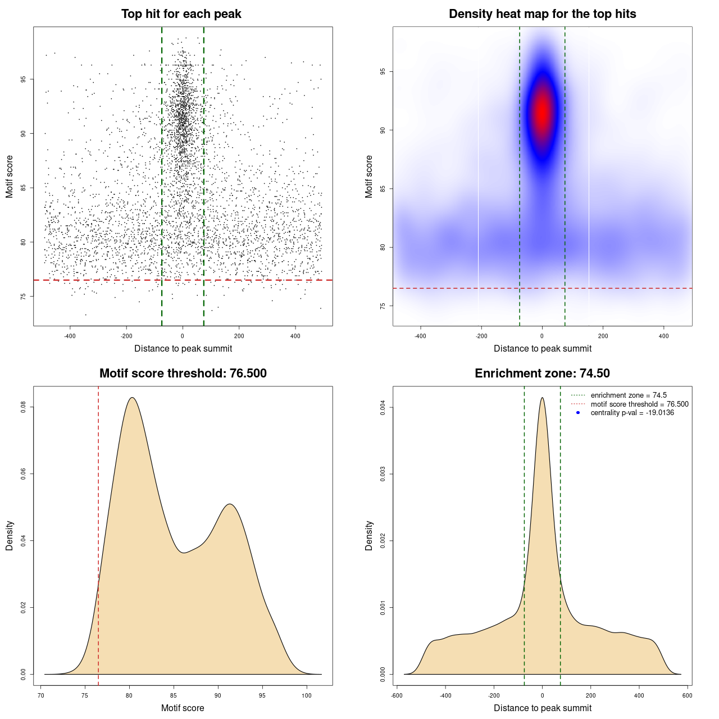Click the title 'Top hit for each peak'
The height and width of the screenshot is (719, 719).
tap(181, 14)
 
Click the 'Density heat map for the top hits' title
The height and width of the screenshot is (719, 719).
tap(542, 14)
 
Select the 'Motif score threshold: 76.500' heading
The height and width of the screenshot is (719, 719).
tap(183, 374)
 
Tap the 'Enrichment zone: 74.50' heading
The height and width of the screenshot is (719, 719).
tap(542, 374)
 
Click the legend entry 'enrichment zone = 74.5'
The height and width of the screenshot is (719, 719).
tap(629, 395)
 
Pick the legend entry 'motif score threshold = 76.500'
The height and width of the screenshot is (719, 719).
tap(639, 404)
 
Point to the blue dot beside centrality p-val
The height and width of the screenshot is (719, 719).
tap(578, 413)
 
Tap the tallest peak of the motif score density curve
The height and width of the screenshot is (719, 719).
tap(132, 398)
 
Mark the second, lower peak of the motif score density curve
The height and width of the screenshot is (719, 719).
tap(230, 504)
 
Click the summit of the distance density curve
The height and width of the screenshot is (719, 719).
tap(542, 398)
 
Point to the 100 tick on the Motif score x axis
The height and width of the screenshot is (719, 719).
tap(306, 695)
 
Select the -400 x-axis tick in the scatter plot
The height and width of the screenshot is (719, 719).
tap(70, 336)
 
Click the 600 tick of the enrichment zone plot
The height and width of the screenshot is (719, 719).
tap(687, 695)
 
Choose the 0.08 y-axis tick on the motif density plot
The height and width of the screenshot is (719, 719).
tap(24, 407)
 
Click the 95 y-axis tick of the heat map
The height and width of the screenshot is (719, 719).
tap(383, 72)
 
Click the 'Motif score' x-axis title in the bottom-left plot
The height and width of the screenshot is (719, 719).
tap(183, 708)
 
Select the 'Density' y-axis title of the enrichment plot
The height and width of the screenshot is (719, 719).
tap(369, 535)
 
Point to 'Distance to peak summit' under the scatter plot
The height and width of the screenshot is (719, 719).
tap(183, 348)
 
